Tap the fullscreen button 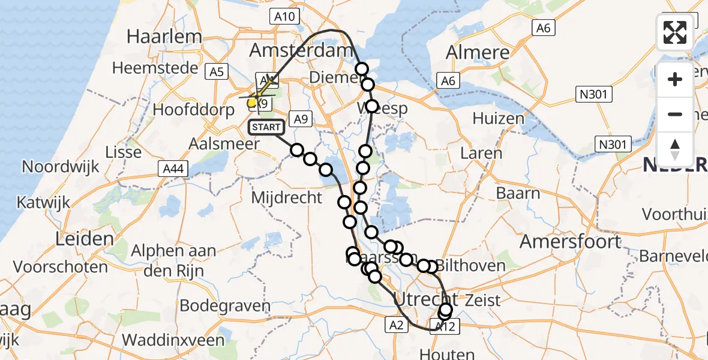pos(675,32)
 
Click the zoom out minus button pos(675,114)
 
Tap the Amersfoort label pos(570,242)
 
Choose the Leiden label pos(85,239)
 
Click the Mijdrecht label pos(287,197)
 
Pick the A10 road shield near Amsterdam pos(283,16)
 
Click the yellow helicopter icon pos(254,101)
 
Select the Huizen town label pos(498,118)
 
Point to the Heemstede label pos(155,68)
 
